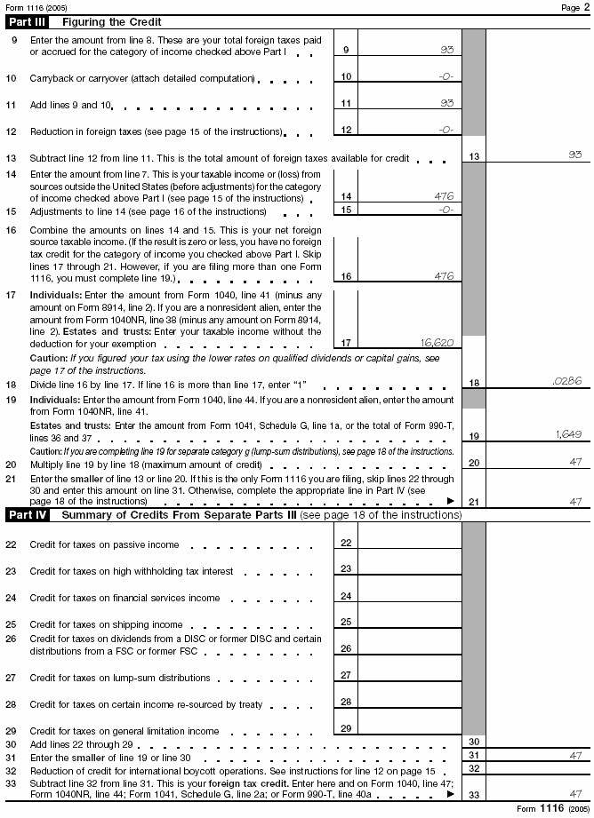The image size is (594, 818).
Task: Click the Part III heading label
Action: coord(28,21)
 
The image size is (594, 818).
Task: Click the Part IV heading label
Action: coord(28,515)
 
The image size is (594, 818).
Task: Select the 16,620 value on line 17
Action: coord(436,342)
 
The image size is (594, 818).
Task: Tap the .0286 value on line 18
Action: coord(566,382)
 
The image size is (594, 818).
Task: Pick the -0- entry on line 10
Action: coord(445,77)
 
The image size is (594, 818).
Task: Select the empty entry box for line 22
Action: coord(409,543)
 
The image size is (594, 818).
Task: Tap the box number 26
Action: coord(346,649)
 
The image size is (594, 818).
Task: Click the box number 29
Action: coord(346,728)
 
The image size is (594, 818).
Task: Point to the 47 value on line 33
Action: coord(574,794)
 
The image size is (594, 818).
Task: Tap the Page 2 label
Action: coord(570,7)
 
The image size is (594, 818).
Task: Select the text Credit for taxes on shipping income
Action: coord(106,624)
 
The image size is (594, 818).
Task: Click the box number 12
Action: coord(346,130)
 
